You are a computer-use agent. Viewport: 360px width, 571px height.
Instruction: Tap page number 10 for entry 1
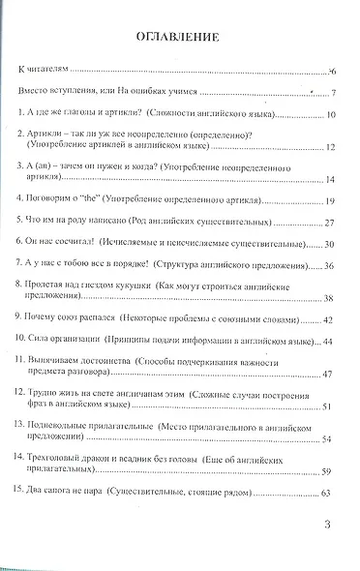tap(330, 115)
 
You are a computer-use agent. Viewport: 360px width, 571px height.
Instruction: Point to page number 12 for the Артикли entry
tap(330, 147)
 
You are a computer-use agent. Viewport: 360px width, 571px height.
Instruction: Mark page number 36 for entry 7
tap(330, 265)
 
